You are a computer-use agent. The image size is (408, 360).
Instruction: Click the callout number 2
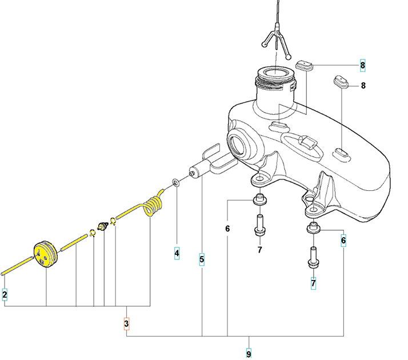[5, 294]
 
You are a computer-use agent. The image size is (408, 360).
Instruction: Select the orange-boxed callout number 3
[126, 324]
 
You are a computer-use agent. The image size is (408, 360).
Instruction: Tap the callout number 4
[177, 253]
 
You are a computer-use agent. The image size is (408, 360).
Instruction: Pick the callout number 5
[202, 259]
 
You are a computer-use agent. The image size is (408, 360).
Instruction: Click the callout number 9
[249, 354]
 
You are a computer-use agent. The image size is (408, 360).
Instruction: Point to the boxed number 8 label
[363, 65]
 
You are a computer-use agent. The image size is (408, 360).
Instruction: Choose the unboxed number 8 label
[363, 86]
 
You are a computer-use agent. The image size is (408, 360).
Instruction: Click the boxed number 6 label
[343, 241]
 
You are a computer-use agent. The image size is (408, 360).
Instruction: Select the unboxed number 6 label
[227, 229]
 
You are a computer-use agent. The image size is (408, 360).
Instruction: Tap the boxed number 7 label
[314, 283]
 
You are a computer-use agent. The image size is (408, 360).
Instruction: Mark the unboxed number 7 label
[259, 250]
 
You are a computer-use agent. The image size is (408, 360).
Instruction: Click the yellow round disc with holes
[45, 254]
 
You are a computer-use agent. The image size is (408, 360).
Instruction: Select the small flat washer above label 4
[176, 182]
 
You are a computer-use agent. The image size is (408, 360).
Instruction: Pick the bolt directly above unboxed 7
[259, 225]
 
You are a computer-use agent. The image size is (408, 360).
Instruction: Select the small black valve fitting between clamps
[103, 226]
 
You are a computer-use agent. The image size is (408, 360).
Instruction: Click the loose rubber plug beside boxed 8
[304, 65]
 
